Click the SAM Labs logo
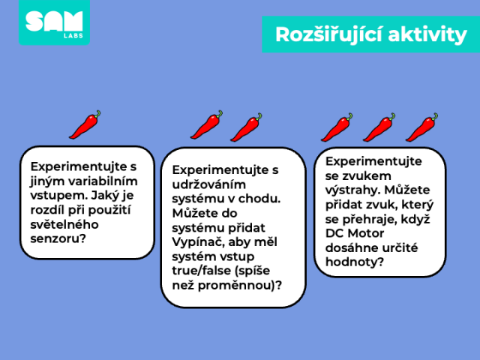point(54,22)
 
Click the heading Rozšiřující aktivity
point(370,34)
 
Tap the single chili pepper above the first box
point(85,124)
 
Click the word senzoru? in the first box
point(58,238)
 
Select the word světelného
point(64,224)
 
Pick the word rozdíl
point(47,210)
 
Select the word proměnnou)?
point(240,286)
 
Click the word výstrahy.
point(352,190)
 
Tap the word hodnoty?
point(355,262)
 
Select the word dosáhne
point(350,247)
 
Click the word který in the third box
point(418,205)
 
